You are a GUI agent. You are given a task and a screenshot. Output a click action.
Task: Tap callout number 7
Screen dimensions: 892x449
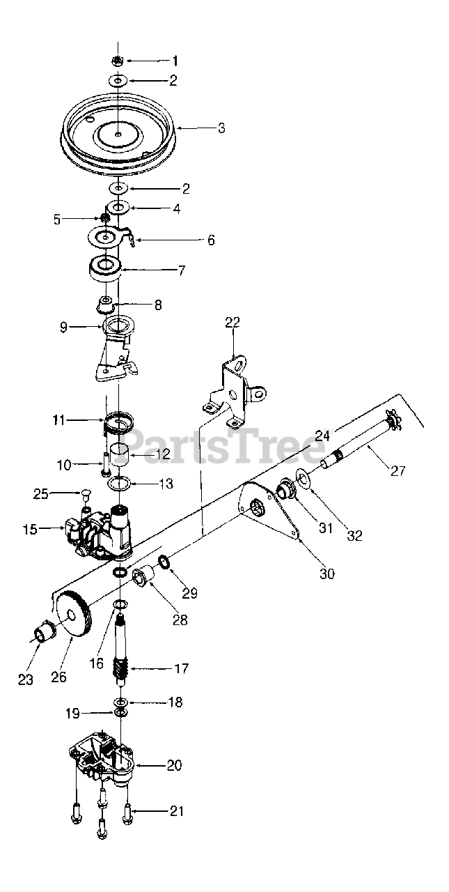point(182,270)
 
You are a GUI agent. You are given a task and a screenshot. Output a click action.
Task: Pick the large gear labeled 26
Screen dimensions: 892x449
point(72,613)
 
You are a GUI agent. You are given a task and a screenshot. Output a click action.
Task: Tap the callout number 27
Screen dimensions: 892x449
point(397,471)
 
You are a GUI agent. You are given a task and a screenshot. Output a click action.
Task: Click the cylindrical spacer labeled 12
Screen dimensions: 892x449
point(119,456)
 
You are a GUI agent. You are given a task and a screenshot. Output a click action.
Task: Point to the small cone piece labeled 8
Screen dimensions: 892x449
point(107,305)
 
